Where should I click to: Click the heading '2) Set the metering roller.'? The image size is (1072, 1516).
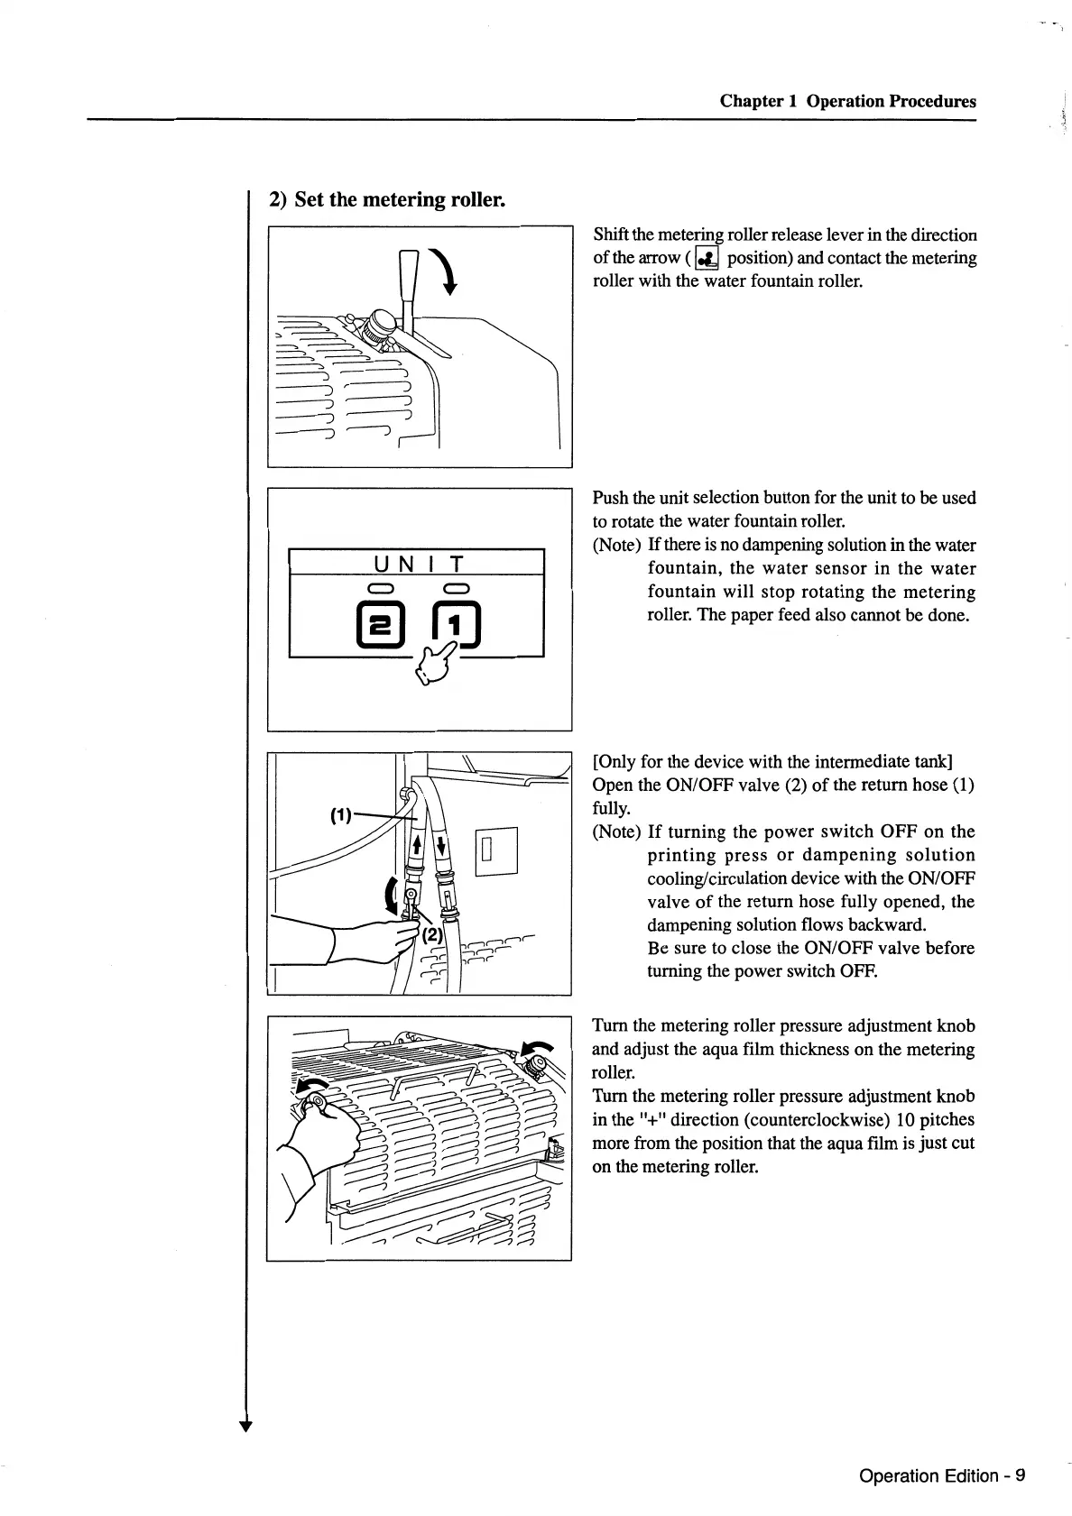pos(387,199)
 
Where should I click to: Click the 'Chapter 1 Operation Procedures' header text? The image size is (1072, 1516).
pos(847,101)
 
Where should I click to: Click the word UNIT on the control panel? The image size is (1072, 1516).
pos(417,565)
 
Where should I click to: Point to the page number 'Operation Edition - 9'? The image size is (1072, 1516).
pos(942,1475)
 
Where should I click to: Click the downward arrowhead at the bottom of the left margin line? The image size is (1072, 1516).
pos(245,1425)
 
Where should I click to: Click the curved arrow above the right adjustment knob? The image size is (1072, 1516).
pos(540,1049)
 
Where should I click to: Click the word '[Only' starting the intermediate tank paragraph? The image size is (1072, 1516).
pos(613,761)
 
